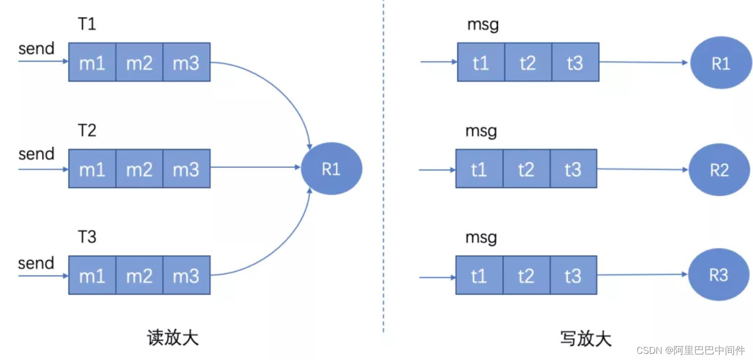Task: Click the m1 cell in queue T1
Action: pos(92,62)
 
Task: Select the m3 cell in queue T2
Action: pos(186,168)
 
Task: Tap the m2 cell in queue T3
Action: pos(140,275)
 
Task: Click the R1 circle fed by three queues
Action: pos(332,168)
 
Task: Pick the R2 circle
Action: pos(719,169)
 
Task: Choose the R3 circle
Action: pos(719,275)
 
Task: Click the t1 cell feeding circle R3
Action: pos(479,275)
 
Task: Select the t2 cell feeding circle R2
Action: pos(527,168)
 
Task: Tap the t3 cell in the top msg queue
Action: pos(575,62)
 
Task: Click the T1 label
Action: pos(87,24)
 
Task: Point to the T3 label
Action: pos(87,237)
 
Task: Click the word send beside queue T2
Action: pos(36,154)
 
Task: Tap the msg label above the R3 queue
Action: pos(481,238)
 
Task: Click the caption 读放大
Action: pos(173,337)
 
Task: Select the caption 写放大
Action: pos(586,338)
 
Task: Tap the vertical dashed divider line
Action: pos(383,166)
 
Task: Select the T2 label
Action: pos(87,130)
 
